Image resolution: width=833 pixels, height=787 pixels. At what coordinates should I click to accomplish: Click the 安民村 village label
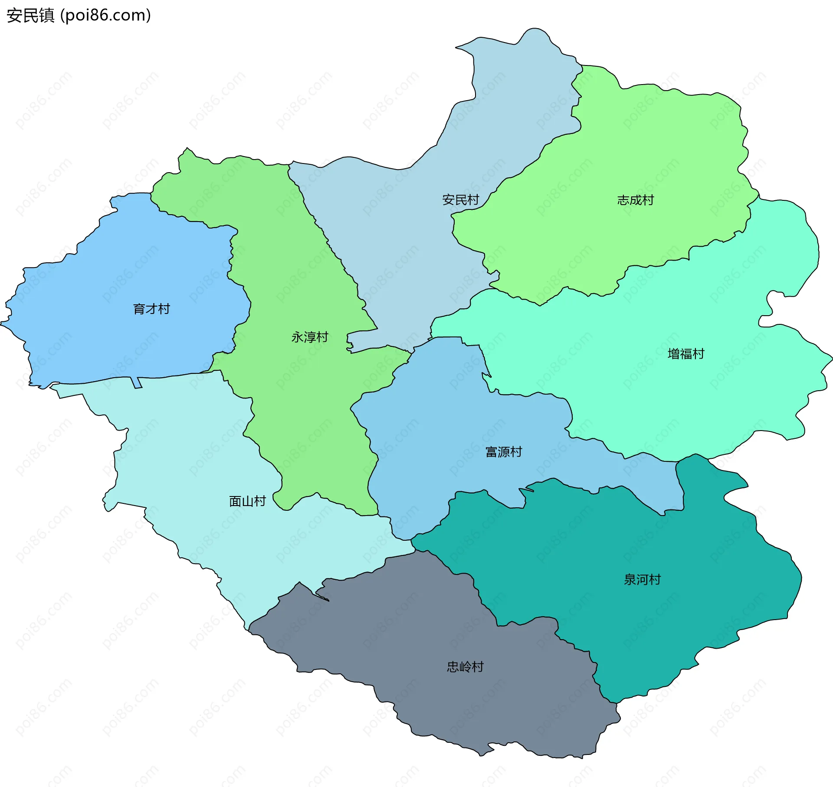460,200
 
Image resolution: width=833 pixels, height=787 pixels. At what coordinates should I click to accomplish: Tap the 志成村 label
635,200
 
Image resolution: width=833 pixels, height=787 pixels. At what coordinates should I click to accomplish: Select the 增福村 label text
685,354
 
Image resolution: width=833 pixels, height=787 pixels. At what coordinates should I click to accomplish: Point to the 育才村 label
151,309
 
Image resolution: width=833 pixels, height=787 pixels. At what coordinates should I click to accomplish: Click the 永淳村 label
309,337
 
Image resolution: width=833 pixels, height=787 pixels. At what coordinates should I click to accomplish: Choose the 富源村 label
503,452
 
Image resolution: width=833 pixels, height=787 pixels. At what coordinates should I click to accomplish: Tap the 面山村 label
247,501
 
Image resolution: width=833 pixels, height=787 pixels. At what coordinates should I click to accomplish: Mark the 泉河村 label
642,579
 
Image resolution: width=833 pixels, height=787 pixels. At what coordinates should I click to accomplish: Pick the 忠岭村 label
465,666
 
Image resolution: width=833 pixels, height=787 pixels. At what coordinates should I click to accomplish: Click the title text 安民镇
30,15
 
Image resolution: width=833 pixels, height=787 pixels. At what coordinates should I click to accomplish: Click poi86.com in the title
105,15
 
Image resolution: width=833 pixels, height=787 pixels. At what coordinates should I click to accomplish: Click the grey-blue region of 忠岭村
434,629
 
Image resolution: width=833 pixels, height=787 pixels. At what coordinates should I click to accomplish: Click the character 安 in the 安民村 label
448,200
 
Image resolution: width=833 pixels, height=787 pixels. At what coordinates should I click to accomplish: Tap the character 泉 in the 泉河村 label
630,579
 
